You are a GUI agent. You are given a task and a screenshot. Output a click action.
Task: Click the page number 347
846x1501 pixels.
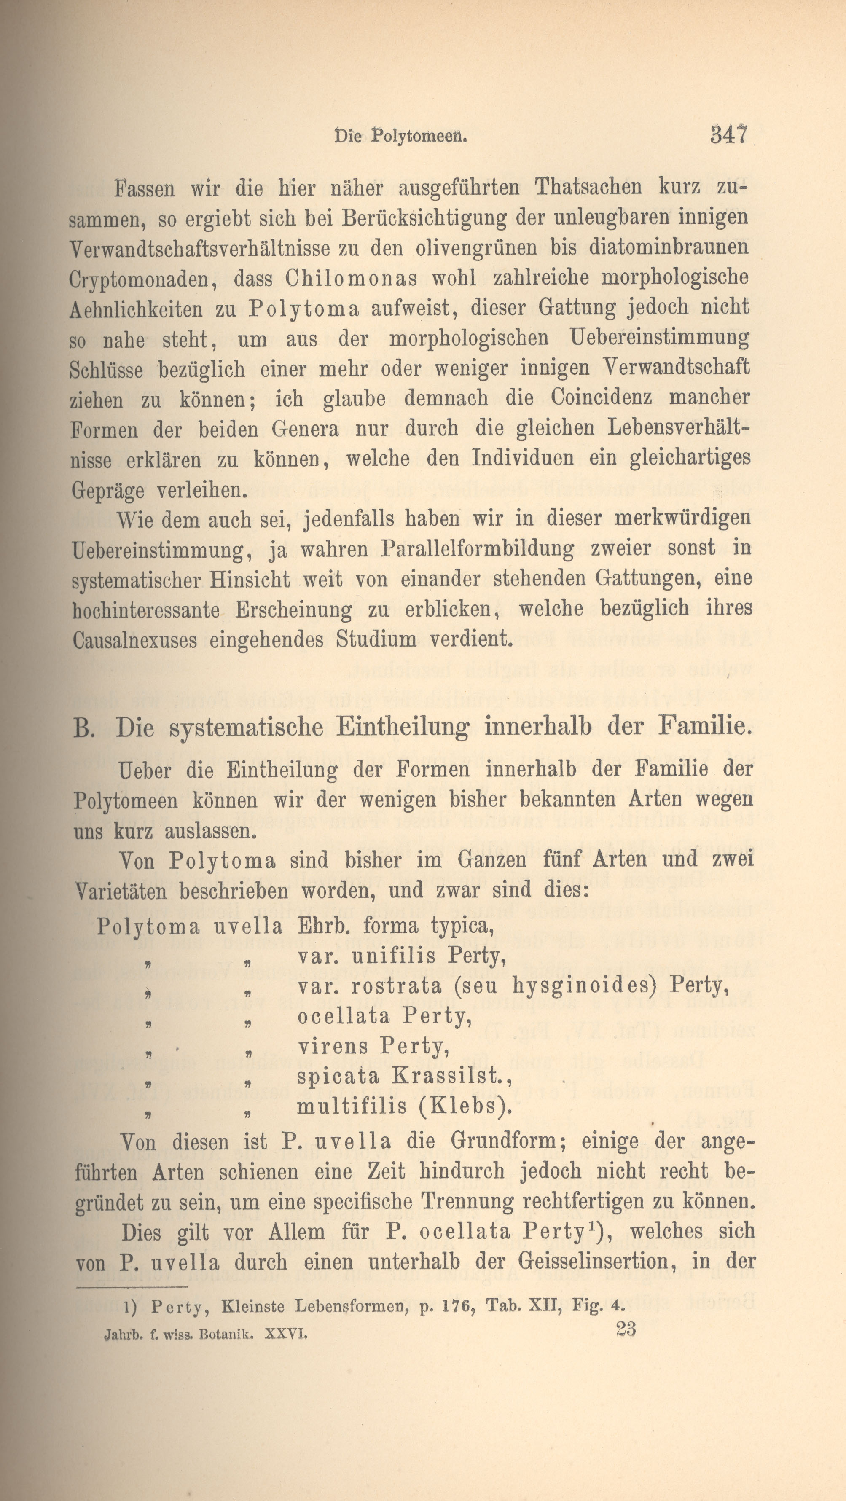pos(728,135)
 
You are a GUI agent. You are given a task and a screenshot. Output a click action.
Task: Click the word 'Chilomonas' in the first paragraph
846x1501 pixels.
pos(351,279)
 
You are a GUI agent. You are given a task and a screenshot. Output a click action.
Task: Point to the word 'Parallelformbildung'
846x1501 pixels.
pos(478,549)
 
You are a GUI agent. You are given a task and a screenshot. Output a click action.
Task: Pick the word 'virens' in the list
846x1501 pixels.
pos(332,1047)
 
